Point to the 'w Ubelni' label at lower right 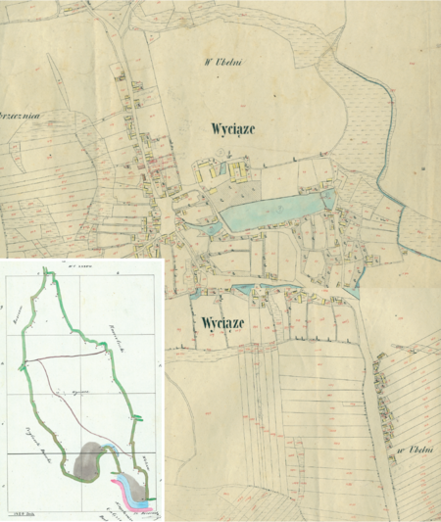point(416,451)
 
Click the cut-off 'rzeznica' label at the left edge point(18,114)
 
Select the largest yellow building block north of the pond point(209,172)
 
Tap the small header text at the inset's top point(80,264)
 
